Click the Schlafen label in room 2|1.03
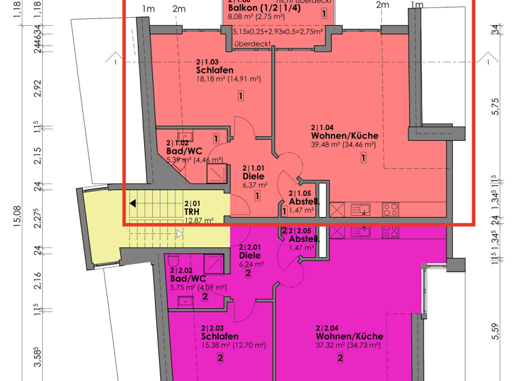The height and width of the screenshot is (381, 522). tap(215, 70)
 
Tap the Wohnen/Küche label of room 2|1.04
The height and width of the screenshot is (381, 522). tap(344, 135)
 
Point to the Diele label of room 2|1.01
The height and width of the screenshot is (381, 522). tap(254, 175)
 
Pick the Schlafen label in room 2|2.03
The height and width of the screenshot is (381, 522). tap(220, 336)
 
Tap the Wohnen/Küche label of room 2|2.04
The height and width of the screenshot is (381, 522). tap(349, 336)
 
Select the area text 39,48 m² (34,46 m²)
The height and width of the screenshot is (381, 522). tap(344, 144)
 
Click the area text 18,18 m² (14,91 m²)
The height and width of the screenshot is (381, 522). tap(228, 79)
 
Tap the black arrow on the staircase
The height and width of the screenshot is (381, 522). tap(133, 203)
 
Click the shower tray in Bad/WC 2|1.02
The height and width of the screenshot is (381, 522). tap(216, 172)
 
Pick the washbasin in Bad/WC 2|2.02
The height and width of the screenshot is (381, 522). tap(185, 300)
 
